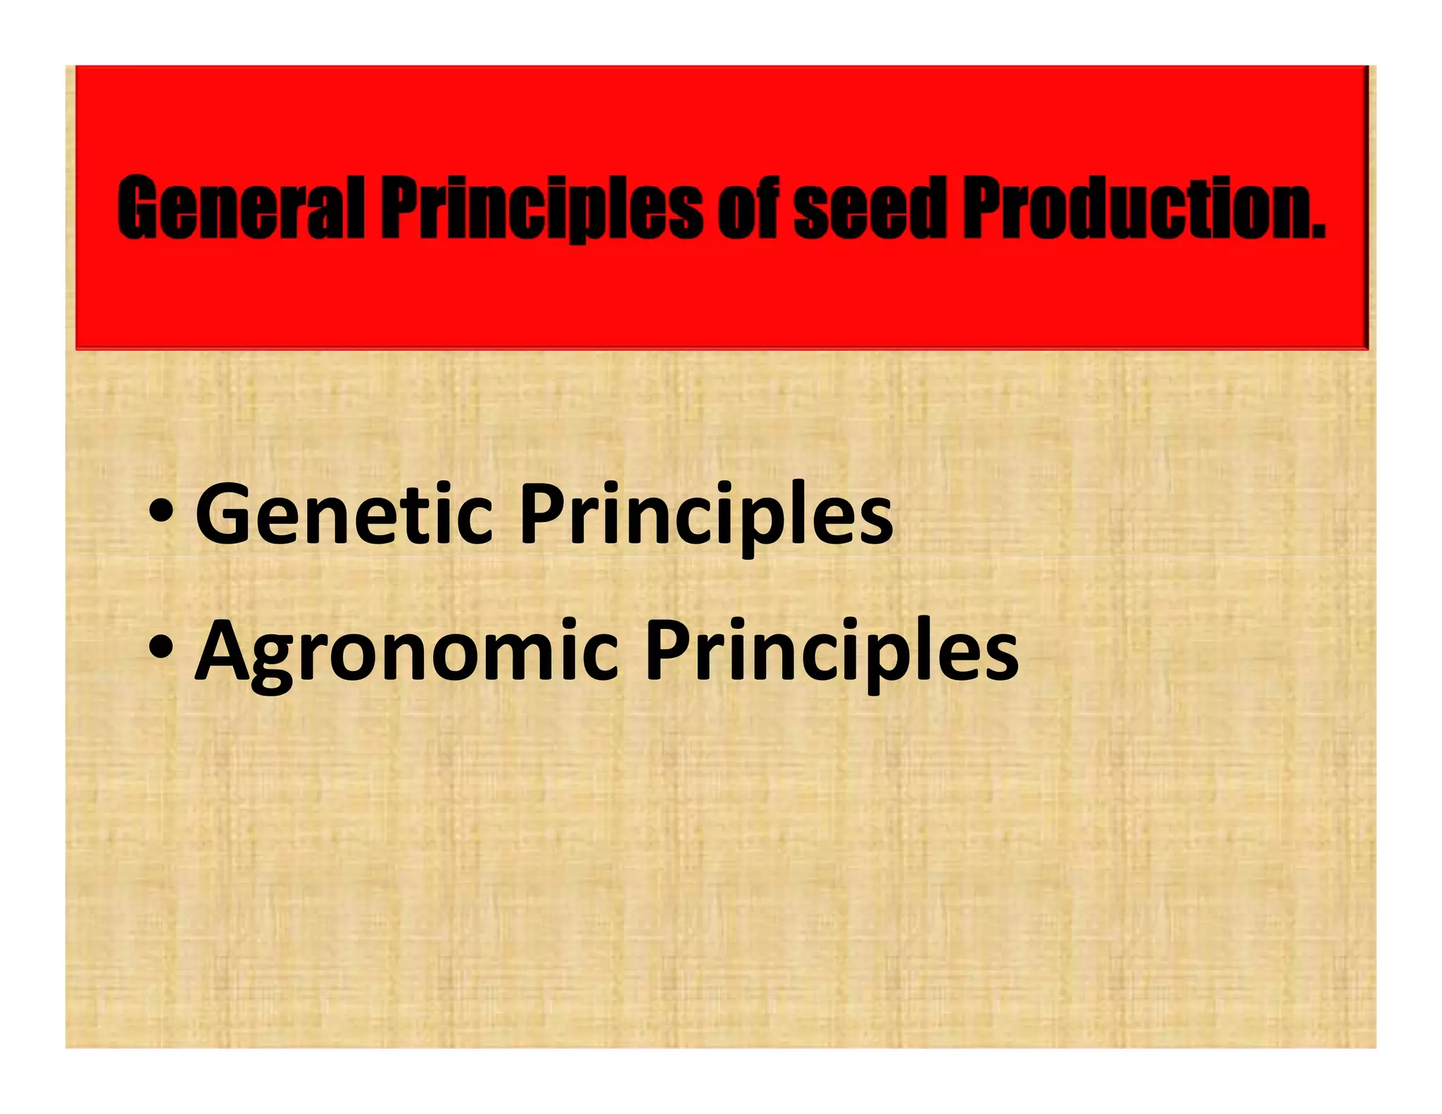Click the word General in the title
pos(241,207)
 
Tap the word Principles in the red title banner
pos(541,207)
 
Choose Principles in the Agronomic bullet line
pos(832,651)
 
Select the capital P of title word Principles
pos(401,207)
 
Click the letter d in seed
pos(924,207)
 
